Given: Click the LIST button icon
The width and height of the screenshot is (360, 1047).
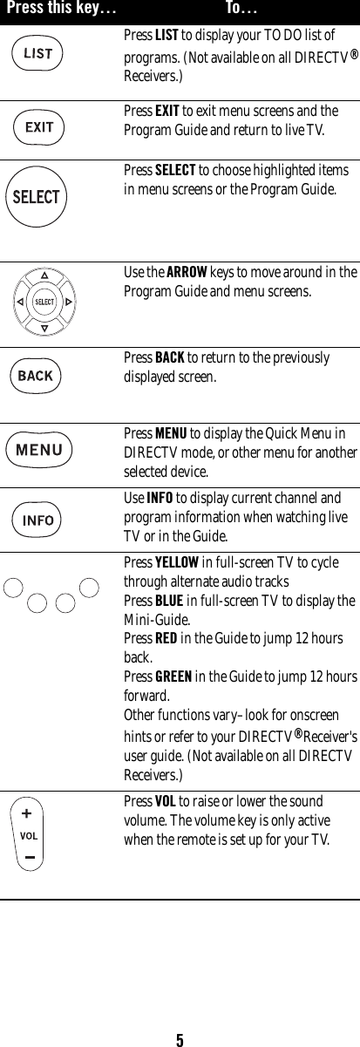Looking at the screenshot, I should click(x=37, y=53).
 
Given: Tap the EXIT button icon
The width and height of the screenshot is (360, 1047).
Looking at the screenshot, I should click(x=38, y=127).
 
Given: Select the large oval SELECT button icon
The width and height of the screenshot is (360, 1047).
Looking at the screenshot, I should click(x=36, y=197).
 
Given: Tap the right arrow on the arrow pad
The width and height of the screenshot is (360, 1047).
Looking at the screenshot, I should click(x=69, y=303).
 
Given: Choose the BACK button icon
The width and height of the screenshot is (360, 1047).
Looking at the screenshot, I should click(x=36, y=376).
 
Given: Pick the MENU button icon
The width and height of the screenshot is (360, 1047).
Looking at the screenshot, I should click(x=39, y=450).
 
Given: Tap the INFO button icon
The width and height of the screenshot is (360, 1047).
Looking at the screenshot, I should click(x=38, y=520).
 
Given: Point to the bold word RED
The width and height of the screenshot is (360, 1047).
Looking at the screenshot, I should click(x=165, y=639).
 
